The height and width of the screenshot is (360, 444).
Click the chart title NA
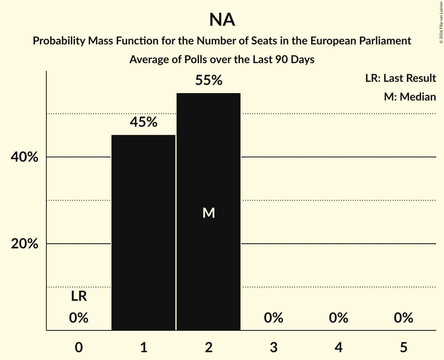click(222, 20)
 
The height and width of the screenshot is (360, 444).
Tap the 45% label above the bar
click(143, 122)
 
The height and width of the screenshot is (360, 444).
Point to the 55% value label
click(209, 81)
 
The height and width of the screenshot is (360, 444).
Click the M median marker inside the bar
click(209, 213)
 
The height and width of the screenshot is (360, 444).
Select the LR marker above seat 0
click(79, 296)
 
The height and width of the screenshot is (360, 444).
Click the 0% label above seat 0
click(79, 318)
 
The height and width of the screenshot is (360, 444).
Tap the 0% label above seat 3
click(273, 318)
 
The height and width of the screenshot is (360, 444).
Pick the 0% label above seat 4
click(338, 318)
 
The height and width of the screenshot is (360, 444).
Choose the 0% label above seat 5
click(403, 318)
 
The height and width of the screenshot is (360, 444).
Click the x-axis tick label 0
click(79, 348)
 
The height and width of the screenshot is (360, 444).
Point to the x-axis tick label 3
click(273, 348)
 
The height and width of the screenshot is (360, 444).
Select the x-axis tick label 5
click(403, 348)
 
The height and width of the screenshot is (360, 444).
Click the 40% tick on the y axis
click(24, 157)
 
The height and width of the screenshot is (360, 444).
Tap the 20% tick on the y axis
click(24, 244)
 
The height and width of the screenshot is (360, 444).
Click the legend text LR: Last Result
click(400, 78)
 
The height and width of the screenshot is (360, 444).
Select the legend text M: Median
click(410, 97)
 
